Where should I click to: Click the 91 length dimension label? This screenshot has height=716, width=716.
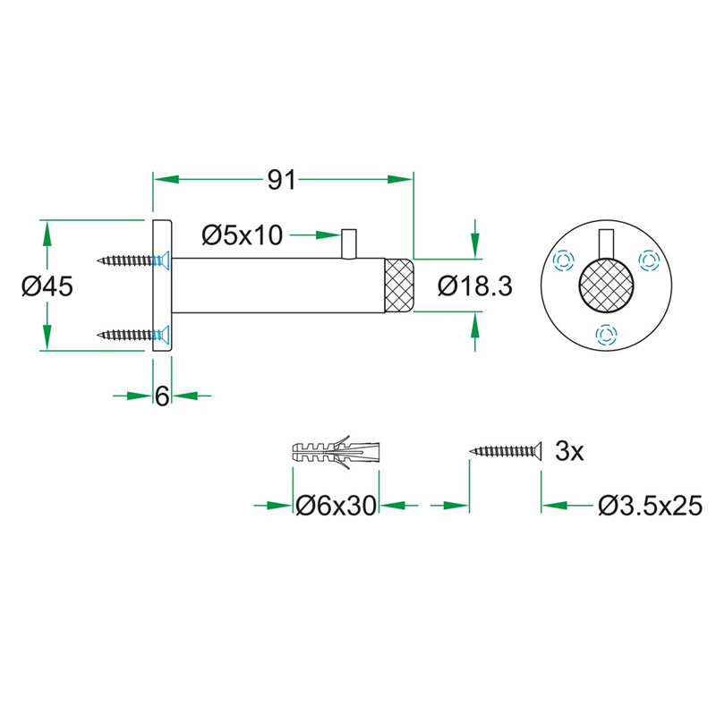pyautogui.click(x=282, y=180)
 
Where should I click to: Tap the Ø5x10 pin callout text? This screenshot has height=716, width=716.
pyautogui.click(x=242, y=235)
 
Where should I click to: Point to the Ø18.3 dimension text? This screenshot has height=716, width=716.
pyautogui.click(x=474, y=286)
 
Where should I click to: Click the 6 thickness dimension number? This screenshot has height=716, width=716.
pyautogui.click(x=162, y=395)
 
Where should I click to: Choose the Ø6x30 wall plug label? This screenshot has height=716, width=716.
pyautogui.click(x=336, y=507)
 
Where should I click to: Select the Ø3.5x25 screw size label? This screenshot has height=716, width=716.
pyautogui.click(x=651, y=507)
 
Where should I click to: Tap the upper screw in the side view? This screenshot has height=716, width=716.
pyautogui.click(x=132, y=261)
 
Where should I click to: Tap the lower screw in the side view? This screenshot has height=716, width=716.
pyautogui.click(x=132, y=336)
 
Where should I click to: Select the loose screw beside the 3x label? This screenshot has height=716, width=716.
pyautogui.click(x=506, y=451)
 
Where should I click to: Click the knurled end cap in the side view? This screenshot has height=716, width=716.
pyautogui.click(x=398, y=286)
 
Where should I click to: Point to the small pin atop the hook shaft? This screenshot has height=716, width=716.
pyautogui.click(x=349, y=244)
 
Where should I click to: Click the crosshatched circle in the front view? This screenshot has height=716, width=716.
pyautogui.click(x=606, y=286)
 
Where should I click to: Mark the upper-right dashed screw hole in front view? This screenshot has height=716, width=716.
pyautogui.click(x=648, y=260)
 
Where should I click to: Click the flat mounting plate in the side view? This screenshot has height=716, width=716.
pyautogui.click(x=162, y=286)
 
